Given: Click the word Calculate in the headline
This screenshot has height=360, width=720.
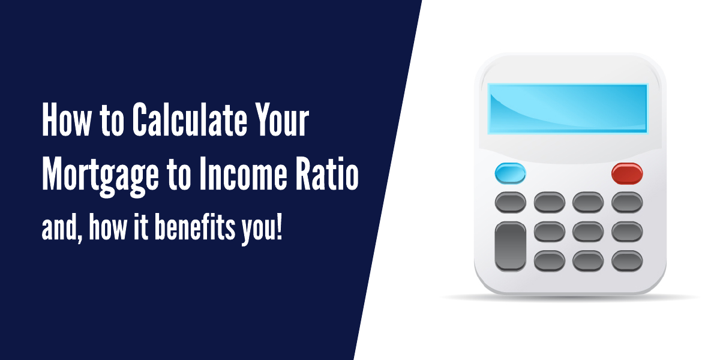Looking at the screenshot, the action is click(x=190, y=119).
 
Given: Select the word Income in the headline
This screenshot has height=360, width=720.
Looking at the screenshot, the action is click(x=243, y=173).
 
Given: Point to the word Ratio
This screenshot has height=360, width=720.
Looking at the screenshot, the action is click(x=327, y=173).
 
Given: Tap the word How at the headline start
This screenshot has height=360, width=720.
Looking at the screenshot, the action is click(x=67, y=119).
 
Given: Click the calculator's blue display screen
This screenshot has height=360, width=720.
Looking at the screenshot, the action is click(x=568, y=109).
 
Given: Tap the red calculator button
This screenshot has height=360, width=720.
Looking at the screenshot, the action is click(x=627, y=173).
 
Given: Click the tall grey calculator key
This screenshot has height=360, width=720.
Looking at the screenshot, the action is click(x=510, y=246).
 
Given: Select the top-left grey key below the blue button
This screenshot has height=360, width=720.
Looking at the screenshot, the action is click(x=510, y=203).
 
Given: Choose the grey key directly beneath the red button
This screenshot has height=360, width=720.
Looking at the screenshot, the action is click(x=627, y=203).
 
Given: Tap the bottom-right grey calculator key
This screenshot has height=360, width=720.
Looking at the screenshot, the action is click(x=627, y=260).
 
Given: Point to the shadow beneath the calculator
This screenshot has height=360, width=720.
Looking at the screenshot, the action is click(x=571, y=298).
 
